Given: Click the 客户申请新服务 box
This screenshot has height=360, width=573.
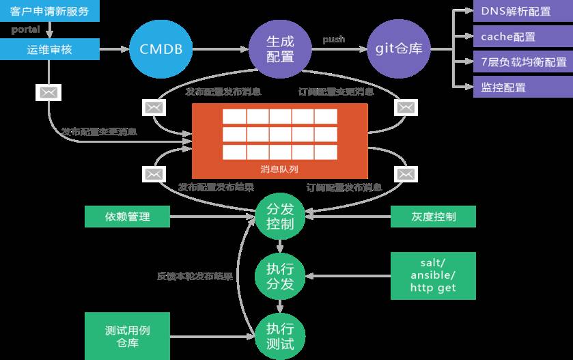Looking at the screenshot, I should click(49, 12).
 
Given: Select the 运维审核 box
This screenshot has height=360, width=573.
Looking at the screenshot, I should click(49, 49).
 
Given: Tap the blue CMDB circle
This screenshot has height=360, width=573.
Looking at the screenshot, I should click(160, 49).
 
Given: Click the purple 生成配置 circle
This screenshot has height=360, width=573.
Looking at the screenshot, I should click(281, 49).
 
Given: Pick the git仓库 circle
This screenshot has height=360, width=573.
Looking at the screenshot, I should click(400, 49).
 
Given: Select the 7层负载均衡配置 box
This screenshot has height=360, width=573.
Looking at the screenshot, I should click(522, 62).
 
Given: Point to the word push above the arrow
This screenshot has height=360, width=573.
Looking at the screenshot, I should click(333, 40).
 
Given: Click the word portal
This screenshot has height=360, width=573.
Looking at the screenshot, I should click(25, 29).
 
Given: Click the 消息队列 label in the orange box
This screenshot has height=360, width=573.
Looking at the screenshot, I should click(279, 168).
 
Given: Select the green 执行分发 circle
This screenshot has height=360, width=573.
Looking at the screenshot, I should click(279, 275).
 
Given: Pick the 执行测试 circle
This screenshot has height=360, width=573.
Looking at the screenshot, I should click(279, 335).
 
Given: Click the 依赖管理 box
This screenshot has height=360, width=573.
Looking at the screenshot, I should click(127, 217).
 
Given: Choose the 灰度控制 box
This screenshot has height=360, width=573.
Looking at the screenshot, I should click(433, 217).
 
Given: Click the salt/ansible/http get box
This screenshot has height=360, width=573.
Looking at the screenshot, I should click(433, 275).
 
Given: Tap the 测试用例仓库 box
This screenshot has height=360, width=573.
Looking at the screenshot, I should click(127, 336).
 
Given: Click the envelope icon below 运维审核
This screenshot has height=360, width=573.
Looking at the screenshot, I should click(47, 92).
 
